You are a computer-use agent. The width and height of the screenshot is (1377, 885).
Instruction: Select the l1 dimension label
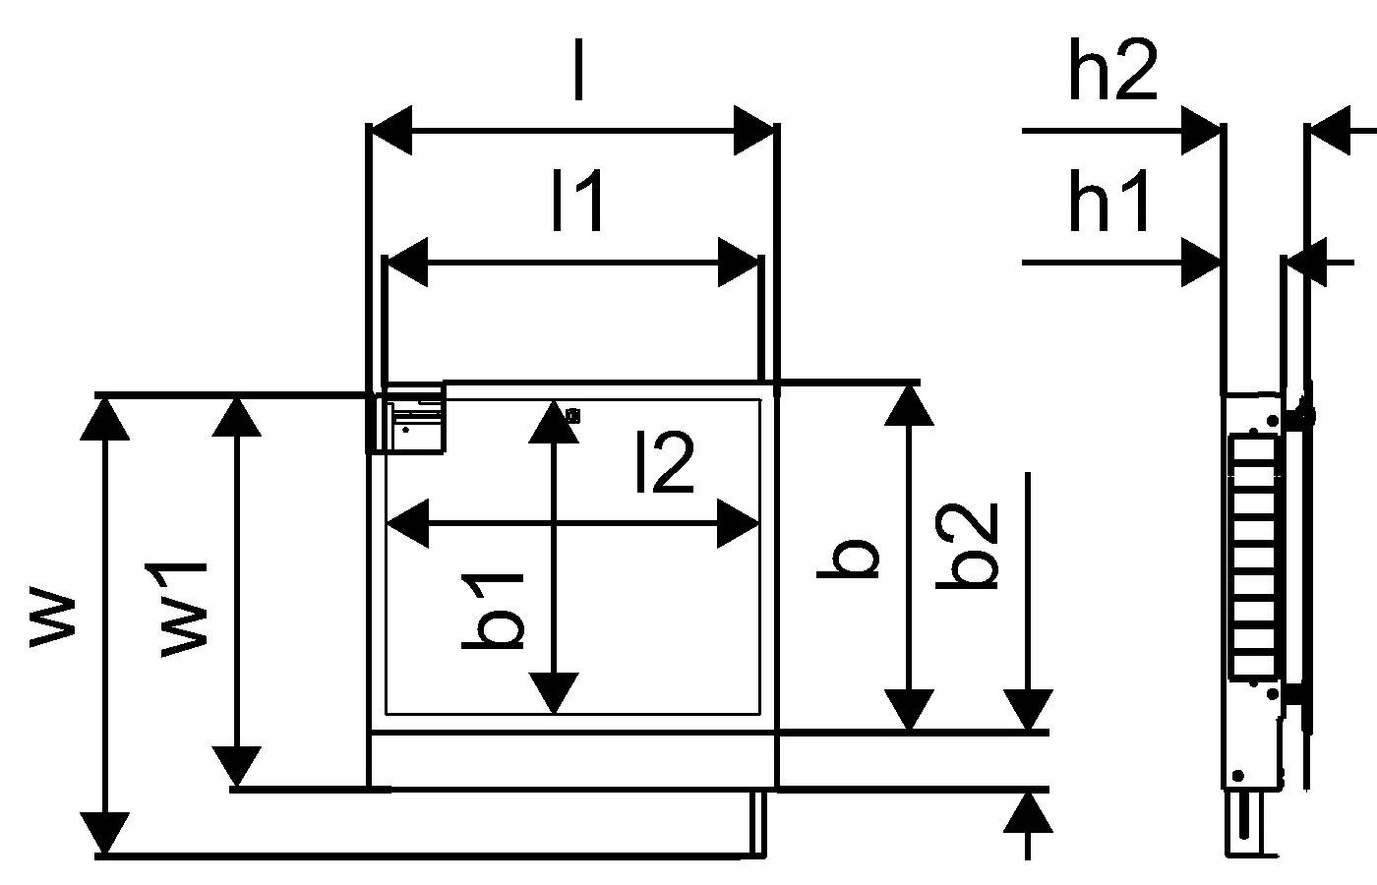click(x=577, y=202)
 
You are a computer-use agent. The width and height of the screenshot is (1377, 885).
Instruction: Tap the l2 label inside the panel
click(x=666, y=463)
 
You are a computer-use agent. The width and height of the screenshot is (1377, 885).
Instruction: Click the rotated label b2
click(x=969, y=547)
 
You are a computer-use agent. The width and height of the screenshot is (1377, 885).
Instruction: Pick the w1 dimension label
click(x=184, y=610)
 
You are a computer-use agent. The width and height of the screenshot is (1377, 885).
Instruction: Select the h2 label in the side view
click(x=1112, y=72)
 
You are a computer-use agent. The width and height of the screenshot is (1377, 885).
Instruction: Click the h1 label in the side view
click(x=1109, y=205)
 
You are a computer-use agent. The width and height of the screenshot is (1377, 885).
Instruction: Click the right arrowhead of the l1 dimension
click(x=739, y=263)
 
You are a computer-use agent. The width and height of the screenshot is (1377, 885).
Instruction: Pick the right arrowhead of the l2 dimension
click(x=739, y=523)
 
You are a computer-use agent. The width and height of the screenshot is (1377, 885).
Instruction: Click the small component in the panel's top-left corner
click(x=413, y=421)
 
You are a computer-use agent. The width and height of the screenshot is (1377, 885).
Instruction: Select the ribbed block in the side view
click(x=1254, y=559)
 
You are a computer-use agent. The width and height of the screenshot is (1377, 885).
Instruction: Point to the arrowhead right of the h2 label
click(x=1201, y=129)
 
